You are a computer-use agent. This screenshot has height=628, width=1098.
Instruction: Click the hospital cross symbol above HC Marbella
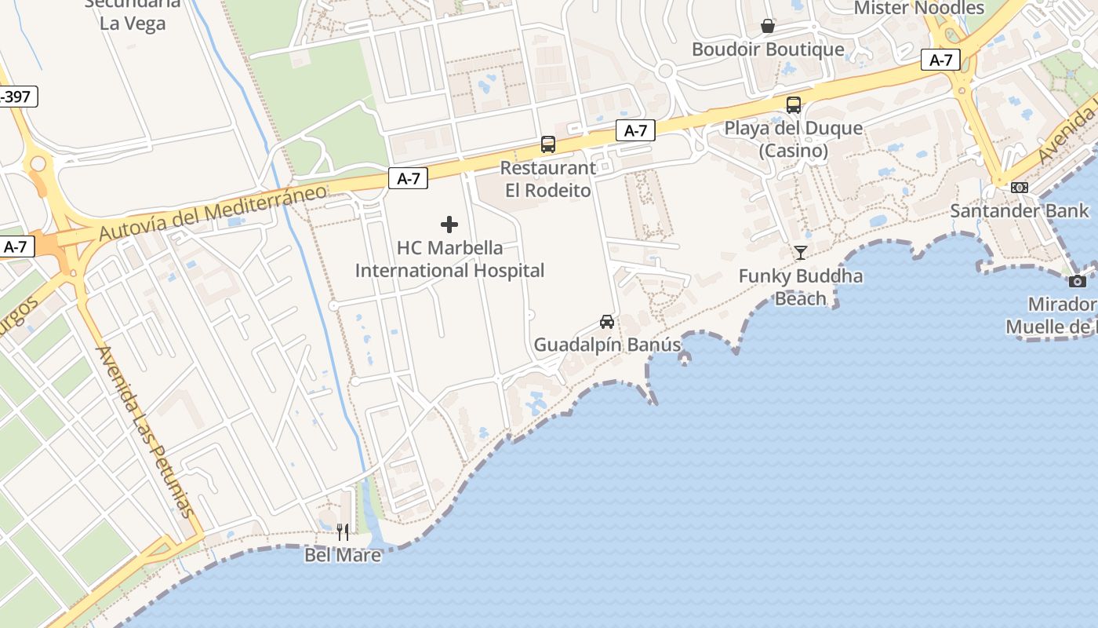tap(449, 225)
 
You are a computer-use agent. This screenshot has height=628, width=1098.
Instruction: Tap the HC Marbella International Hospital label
tap(449, 259)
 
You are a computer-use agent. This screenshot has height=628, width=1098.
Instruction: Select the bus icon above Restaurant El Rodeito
tap(548, 144)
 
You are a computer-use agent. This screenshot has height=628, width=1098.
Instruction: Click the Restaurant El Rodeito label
tap(548, 179)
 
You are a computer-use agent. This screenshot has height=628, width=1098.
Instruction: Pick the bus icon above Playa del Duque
tap(794, 105)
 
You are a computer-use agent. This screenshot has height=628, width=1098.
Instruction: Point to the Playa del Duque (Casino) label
tap(794, 139)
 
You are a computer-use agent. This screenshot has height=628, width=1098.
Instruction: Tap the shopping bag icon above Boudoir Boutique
tap(768, 27)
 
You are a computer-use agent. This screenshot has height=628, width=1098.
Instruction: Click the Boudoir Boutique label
tap(768, 49)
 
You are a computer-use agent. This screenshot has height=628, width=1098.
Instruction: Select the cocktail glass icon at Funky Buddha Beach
tap(801, 253)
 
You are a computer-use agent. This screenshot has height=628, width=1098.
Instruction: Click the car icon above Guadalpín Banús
tap(607, 322)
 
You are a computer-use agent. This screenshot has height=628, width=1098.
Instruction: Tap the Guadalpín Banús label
tap(607, 345)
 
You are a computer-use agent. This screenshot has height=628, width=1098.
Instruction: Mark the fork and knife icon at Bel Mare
tap(343, 532)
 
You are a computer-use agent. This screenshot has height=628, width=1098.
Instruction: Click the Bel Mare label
tap(343, 555)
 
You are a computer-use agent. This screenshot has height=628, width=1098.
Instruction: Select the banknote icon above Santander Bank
tap(1020, 188)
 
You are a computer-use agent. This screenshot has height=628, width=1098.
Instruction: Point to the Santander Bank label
tap(1020, 210)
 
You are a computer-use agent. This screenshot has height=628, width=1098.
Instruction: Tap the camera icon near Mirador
tap(1078, 281)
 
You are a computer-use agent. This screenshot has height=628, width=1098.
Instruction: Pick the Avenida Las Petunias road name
tap(144, 432)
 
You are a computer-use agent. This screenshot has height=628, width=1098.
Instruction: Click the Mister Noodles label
tap(918, 9)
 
